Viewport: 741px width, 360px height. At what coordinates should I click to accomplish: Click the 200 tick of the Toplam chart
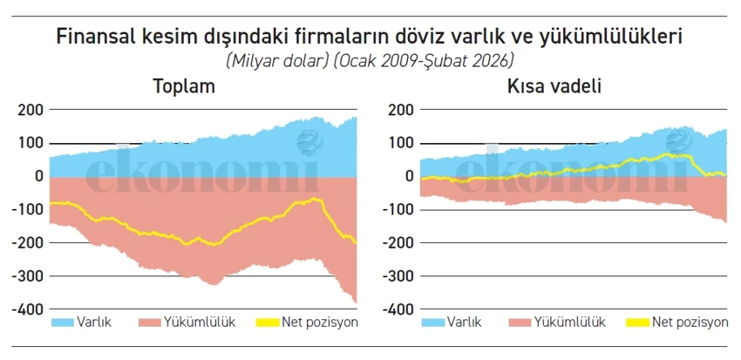click(30, 110)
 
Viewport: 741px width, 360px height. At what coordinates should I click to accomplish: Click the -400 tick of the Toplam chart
click(27, 309)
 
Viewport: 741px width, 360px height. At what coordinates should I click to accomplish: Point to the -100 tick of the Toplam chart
click(27, 210)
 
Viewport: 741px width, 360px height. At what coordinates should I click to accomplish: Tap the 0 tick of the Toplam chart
click(38, 176)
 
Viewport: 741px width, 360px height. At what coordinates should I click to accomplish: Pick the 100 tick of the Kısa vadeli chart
click(400, 143)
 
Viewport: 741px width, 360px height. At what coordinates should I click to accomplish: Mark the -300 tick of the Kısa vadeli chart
click(398, 276)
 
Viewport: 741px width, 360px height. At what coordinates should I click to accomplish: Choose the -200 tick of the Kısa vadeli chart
click(398, 243)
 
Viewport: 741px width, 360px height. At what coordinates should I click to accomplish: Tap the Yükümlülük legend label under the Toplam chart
click(198, 323)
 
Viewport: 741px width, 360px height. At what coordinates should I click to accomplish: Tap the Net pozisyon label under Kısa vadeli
click(690, 323)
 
